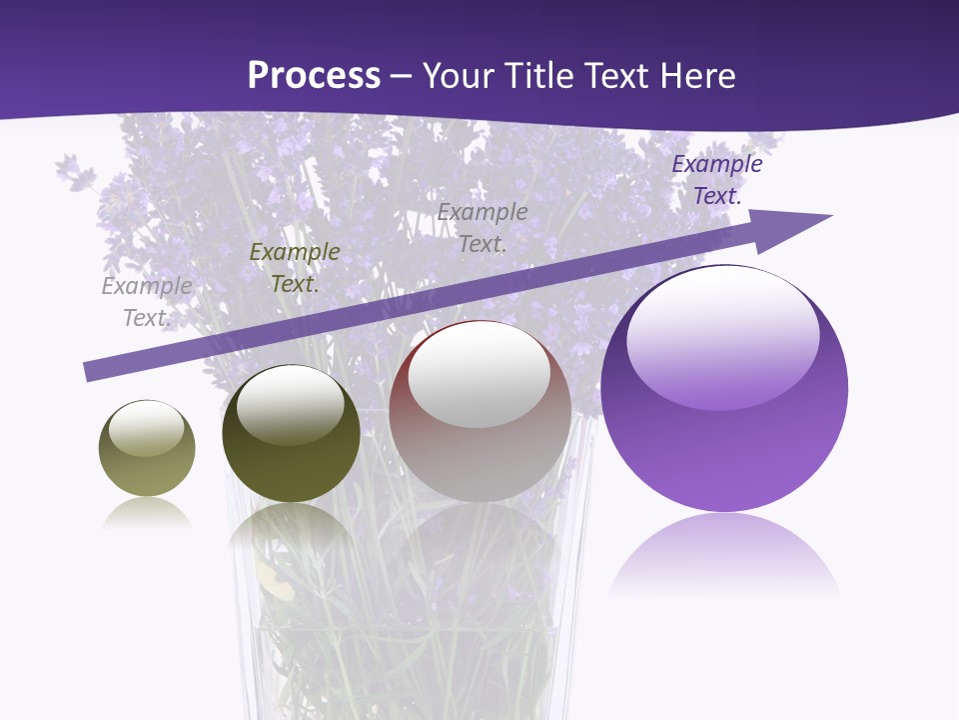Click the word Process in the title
[314, 76]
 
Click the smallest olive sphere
[147, 449]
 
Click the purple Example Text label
[716, 180]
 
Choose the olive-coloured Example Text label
[295, 268]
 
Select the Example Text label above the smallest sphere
[147, 302]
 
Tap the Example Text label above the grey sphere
[482, 227]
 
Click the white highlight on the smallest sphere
[147, 428]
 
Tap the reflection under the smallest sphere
[147, 513]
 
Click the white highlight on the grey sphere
[479, 375]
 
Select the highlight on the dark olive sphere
[291, 402]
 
